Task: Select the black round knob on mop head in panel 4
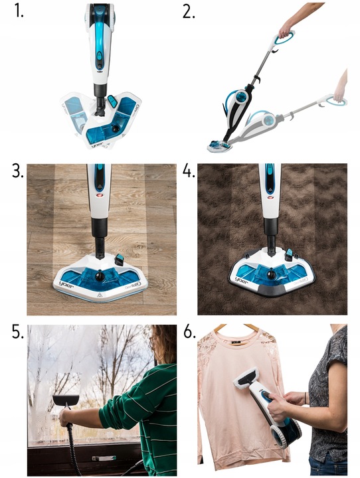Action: [x=273, y=272]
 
